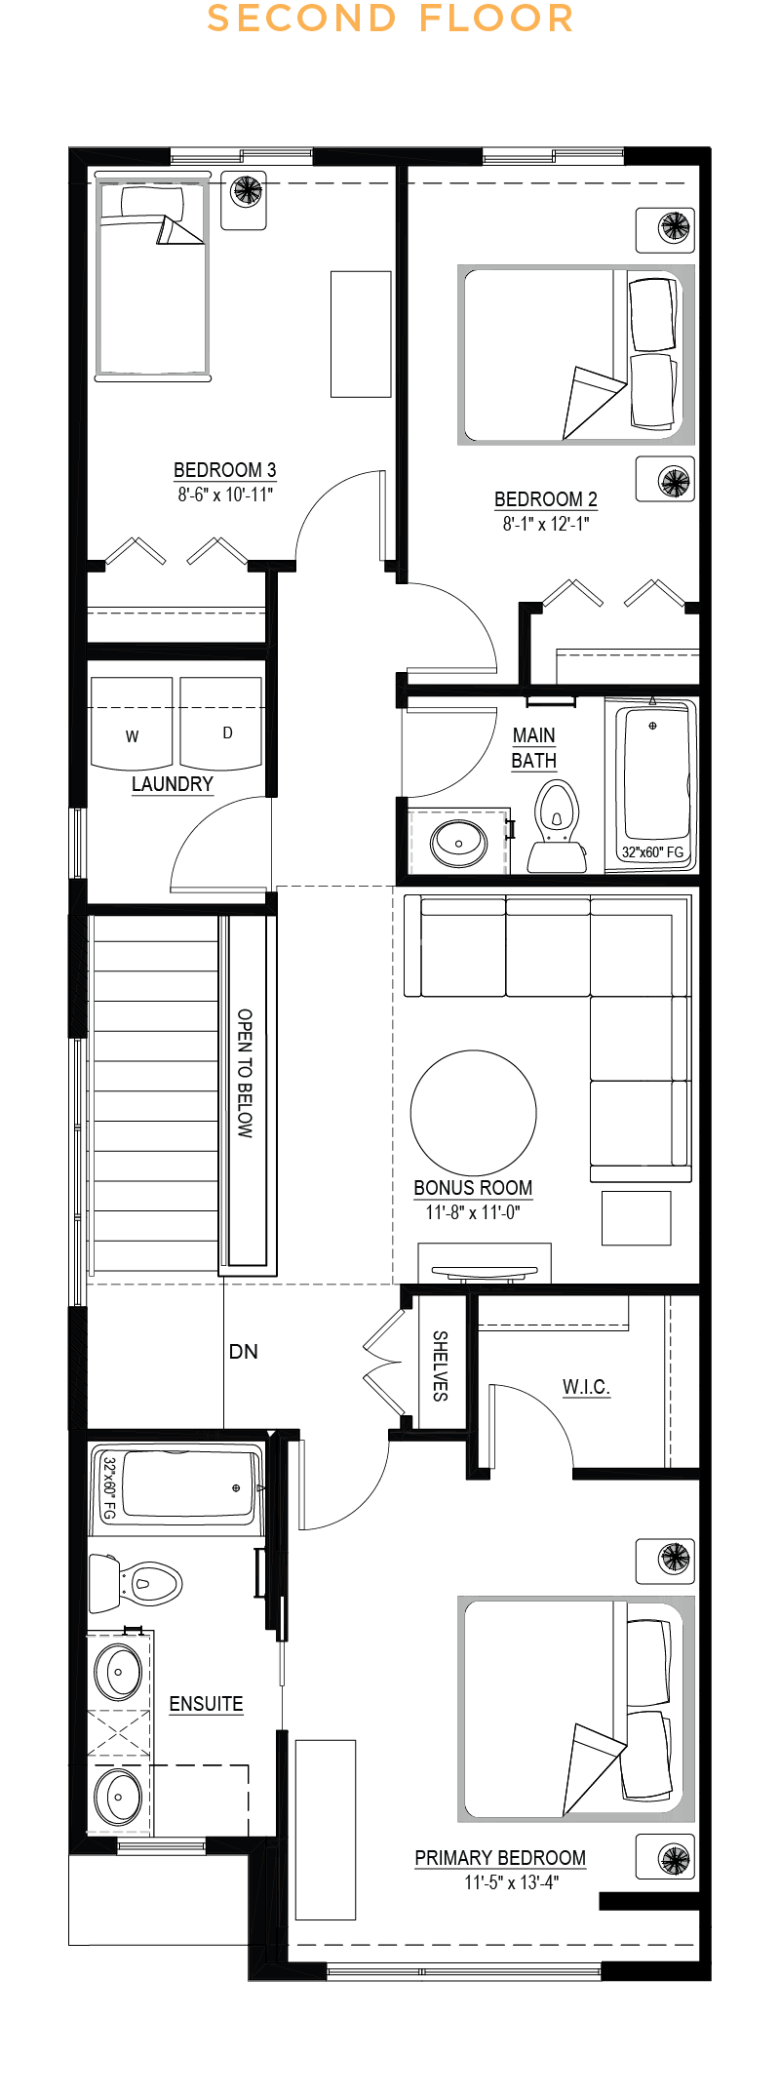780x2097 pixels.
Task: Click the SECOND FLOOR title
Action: (390, 19)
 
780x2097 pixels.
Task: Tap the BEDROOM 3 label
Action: (225, 470)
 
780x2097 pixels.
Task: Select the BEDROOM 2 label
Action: (546, 499)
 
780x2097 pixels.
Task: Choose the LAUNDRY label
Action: (173, 784)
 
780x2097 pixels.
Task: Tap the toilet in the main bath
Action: (558, 825)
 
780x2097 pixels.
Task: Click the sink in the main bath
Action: (459, 843)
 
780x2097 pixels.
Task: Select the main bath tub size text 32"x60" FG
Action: (653, 852)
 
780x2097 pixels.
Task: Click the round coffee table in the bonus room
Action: (474, 1112)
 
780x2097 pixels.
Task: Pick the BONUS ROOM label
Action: (473, 1188)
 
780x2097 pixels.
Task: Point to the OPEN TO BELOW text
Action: (245, 1074)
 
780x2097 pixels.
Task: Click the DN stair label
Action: (244, 1352)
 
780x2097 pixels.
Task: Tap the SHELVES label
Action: (440, 1365)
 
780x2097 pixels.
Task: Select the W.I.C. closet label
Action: (586, 1387)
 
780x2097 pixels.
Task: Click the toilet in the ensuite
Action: (136, 1583)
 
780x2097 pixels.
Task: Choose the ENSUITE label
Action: (206, 1704)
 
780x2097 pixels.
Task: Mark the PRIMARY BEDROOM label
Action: (500, 1858)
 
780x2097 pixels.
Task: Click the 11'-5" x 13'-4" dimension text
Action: (511, 1882)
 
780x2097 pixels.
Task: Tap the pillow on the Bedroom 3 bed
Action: (151, 202)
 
